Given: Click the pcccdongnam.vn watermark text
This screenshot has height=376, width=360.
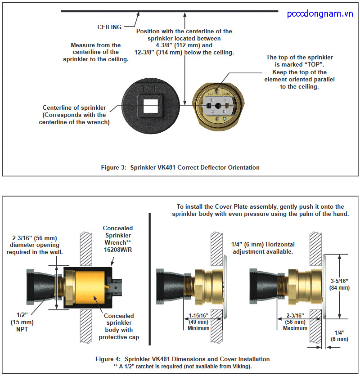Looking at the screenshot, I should pos(320,14).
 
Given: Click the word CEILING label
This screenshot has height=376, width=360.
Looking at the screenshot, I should pos(109,27).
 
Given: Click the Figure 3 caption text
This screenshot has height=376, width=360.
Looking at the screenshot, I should pos(180,167).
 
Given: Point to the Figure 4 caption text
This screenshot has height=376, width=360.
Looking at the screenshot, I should pos(182,359).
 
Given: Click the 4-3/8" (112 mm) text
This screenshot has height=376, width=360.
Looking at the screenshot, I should pos(184,45).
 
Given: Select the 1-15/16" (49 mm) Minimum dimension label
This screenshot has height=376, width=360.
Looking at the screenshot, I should pos(198,322).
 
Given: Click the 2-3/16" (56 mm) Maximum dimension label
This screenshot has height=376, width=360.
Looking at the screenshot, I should pos(295,322).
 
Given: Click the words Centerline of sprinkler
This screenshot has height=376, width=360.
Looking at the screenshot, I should pos(74,108).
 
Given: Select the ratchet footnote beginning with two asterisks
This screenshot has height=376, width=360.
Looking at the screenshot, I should pos(182,367).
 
